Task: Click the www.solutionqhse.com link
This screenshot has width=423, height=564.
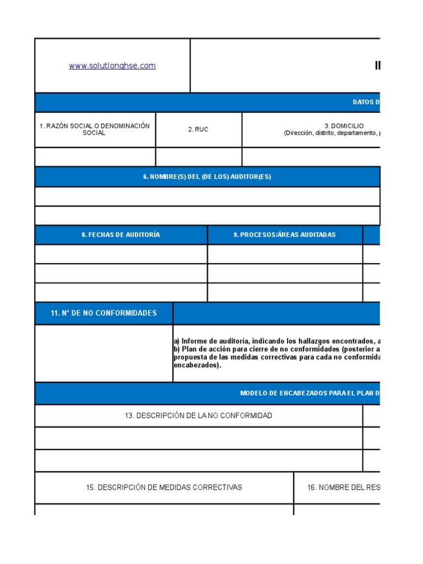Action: pos(112,66)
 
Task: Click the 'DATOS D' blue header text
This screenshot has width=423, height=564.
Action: pos(366,102)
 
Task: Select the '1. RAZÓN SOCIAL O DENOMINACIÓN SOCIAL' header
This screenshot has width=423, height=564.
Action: pos(95,129)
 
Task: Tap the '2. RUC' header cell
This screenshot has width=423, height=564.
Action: pos(198,129)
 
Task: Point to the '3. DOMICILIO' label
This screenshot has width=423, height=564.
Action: pos(347,126)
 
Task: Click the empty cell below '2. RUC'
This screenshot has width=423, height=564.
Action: pos(198,156)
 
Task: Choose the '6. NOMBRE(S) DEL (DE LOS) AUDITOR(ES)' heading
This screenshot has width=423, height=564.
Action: pos(207,177)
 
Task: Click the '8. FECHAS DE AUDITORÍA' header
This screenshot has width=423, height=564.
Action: pos(121,235)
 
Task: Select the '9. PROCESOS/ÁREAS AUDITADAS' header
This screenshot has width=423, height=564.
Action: pos(284,235)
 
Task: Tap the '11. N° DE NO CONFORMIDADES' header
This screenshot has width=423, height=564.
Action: pos(104,313)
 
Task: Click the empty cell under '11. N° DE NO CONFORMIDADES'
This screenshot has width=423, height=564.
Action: pos(104,353)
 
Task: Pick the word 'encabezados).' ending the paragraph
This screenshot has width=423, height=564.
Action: pos(197,365)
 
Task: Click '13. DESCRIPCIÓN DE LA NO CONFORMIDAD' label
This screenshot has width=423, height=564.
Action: pos(198,415)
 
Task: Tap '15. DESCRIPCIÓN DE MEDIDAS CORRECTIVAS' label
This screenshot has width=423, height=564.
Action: pos(164,487)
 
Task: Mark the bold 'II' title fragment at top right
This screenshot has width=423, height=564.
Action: pos(378,66)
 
